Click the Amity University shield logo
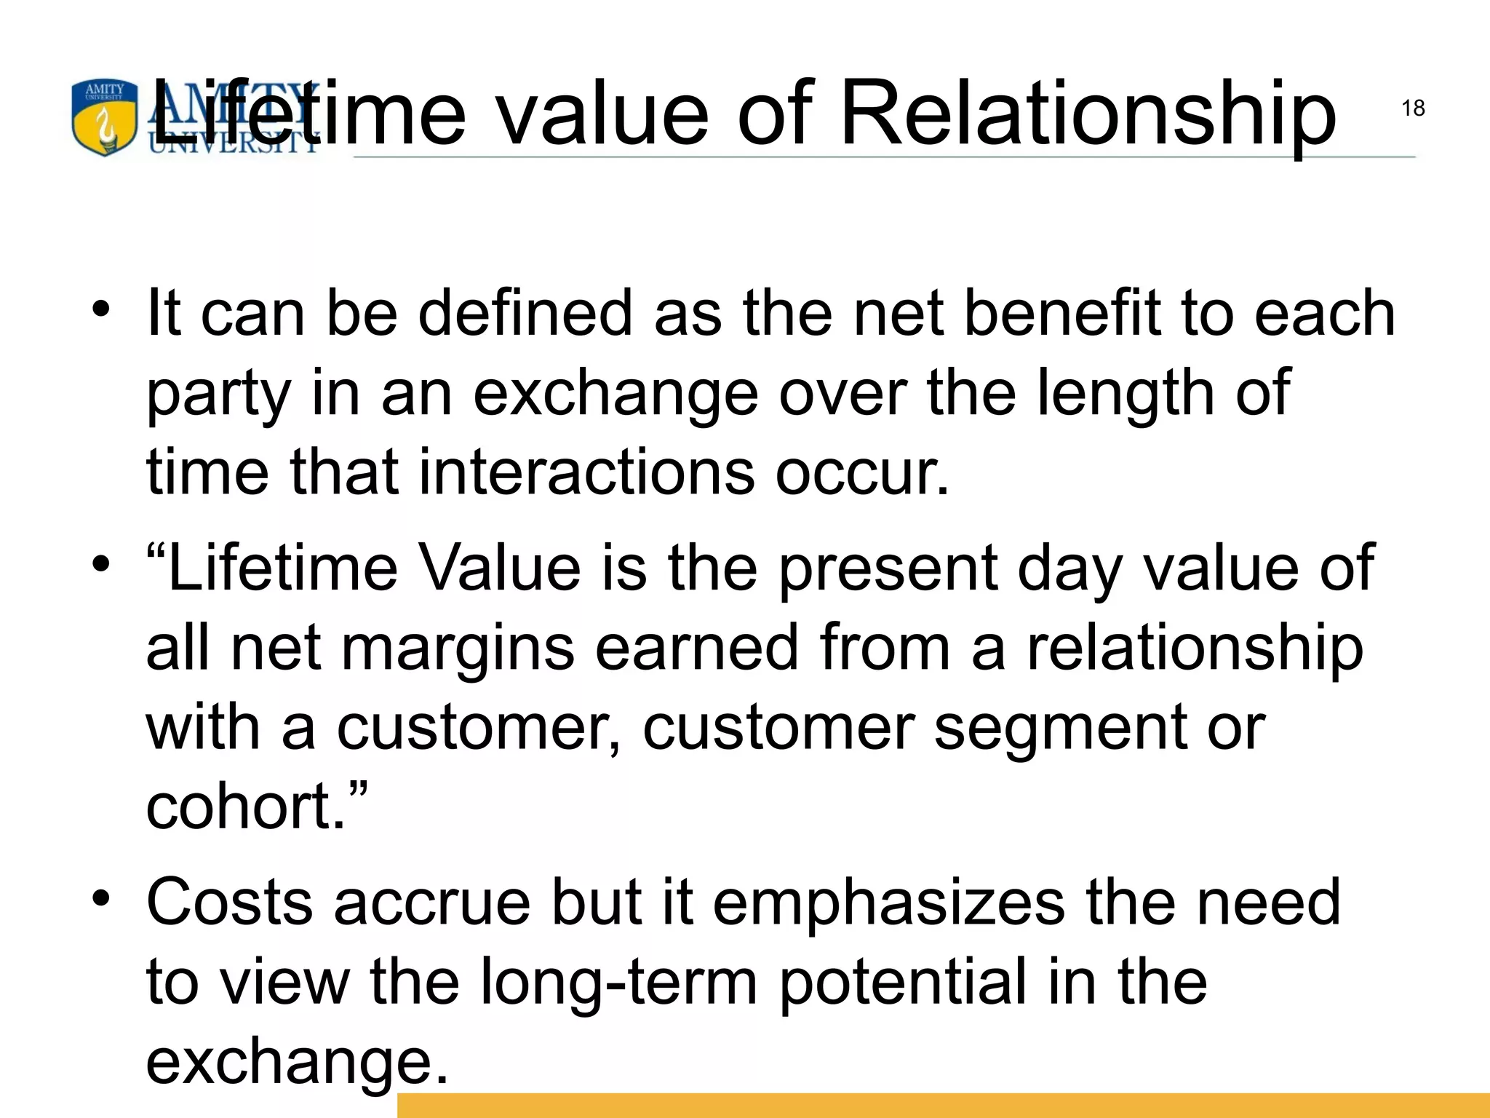104,119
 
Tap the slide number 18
1412,108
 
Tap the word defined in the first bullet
525,313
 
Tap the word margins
458,649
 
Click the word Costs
230,903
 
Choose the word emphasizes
888,903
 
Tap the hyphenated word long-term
618,983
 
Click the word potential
903,983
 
